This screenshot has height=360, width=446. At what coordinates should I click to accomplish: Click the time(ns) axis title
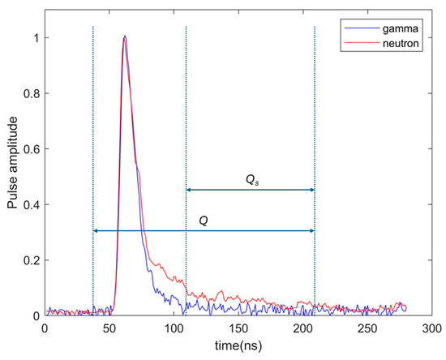(238, 346)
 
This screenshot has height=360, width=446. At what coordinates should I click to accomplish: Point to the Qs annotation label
(252, 176)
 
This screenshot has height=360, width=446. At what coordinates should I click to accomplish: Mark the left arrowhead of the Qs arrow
(189, 190)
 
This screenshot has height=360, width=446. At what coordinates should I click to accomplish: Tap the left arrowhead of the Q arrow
(96, 231)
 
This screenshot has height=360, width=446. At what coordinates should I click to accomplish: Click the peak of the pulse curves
(124, 36)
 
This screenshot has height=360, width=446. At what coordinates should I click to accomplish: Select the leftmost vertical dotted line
(93, 162)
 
